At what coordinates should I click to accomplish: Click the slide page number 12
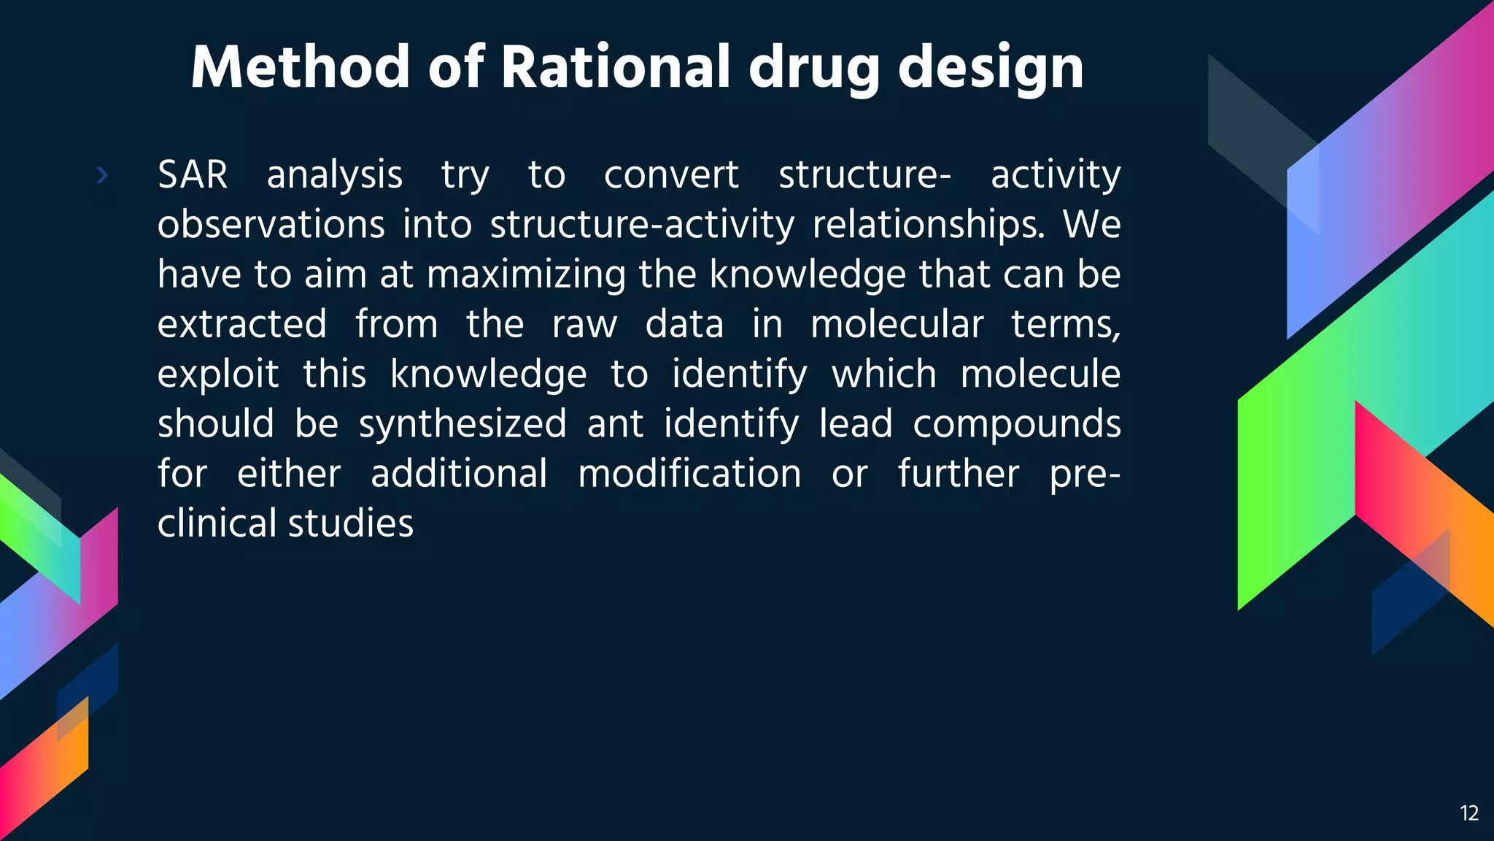pos(1469,813)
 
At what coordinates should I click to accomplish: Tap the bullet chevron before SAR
pos(102,175)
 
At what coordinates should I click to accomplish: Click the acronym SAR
pos(193,175)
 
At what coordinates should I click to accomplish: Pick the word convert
pos(671,176)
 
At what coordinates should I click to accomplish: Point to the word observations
pos(271,224)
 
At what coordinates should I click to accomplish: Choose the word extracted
pos(242,324)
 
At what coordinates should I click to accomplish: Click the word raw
pos(584,326)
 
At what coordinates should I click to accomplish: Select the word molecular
pos(897,324)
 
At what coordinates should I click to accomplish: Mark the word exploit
pos(218,375)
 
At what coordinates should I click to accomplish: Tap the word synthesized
pos(462,425)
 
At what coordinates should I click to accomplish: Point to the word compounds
pos(1016,425)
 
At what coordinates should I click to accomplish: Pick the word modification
pos(689,474)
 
